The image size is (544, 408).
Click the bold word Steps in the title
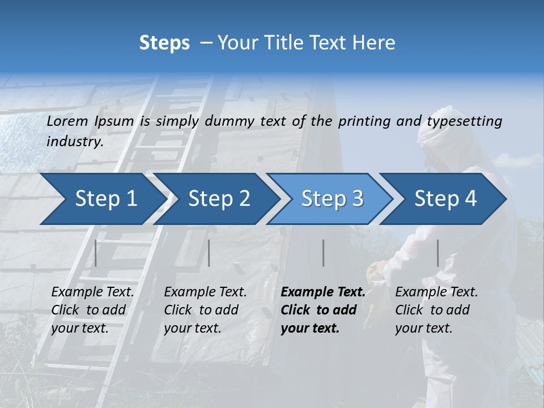(x=164, y=43)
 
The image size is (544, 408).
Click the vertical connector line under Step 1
(x=96, y=253)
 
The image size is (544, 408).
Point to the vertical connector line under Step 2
(x=209, y=253)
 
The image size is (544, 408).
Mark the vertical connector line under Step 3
(x=324, y=253)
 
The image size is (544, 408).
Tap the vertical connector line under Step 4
(x=437, y=253)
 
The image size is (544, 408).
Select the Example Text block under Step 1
(x=92, y=310)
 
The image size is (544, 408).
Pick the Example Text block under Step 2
(x=205, y=310)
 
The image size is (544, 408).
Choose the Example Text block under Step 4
(x=436, y=310)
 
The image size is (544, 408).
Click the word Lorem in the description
(x=67, y=121)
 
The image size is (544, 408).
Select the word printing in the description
(x=365, y=121)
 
